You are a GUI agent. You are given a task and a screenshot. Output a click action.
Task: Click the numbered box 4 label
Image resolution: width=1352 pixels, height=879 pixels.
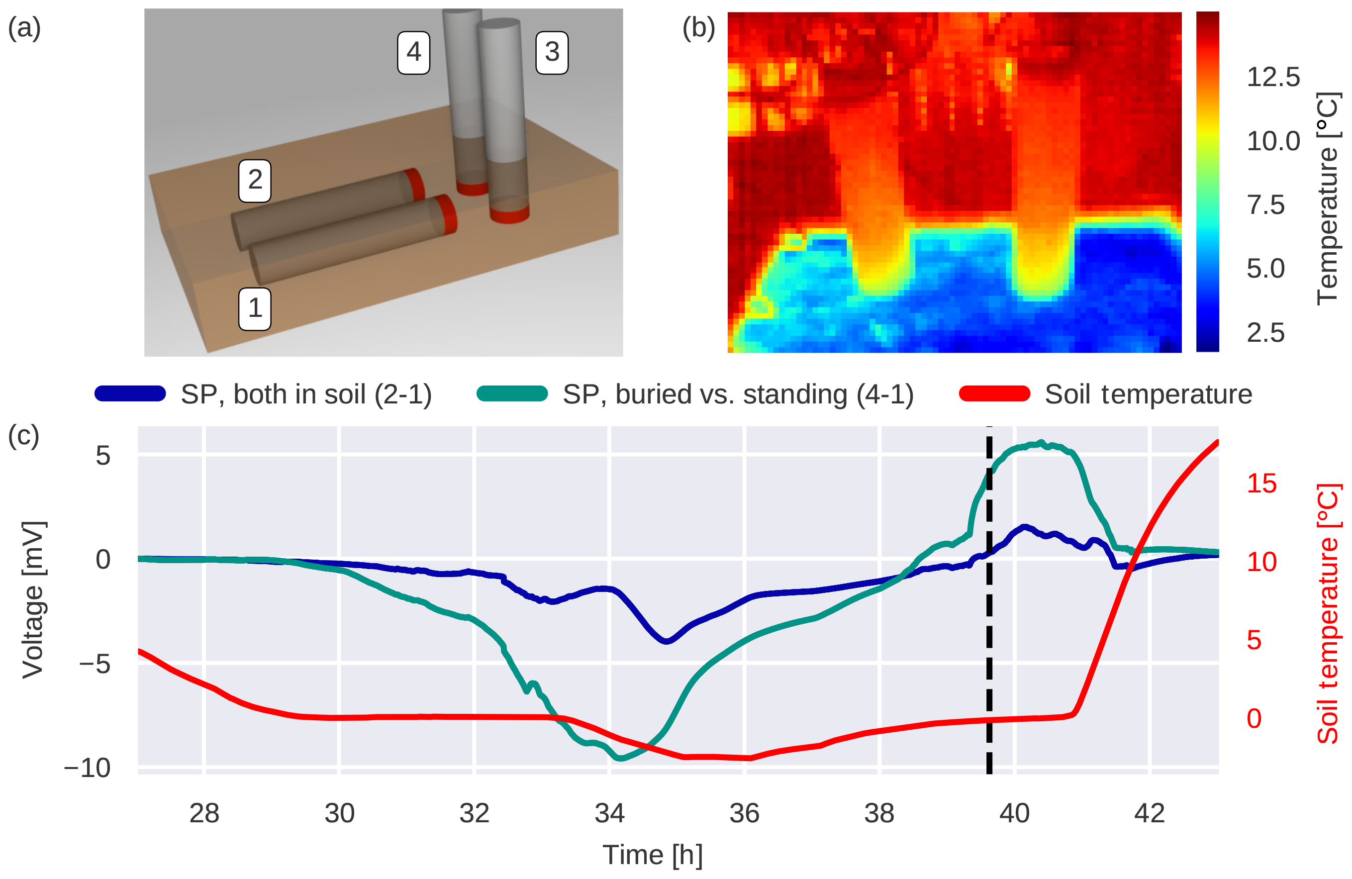click(x=413, y=53)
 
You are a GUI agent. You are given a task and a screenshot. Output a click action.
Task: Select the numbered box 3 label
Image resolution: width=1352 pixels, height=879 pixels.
click(x=552, y=53)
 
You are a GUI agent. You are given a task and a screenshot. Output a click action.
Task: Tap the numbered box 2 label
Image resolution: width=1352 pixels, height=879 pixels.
click(x=255, y=181)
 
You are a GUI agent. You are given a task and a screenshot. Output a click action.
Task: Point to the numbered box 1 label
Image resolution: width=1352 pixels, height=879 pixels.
click(x=255, y=308)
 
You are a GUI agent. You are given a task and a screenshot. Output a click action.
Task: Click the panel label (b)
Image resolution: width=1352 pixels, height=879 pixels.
click(x=698, y=28)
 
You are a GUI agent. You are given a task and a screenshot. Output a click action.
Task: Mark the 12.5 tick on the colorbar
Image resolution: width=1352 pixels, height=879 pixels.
click(x=1273, y=77)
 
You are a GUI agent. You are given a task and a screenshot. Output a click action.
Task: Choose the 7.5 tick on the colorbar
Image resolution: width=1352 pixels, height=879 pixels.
click(x=1265, y=204)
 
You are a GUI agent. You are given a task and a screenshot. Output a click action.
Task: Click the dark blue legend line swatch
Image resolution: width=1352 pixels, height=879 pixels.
click(x=130, y=393)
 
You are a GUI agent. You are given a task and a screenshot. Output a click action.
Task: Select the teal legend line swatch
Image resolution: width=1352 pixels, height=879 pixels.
click(x=512, y=393)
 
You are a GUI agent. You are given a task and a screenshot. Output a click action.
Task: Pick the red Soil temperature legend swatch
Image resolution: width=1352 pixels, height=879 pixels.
click(x=994, y=393)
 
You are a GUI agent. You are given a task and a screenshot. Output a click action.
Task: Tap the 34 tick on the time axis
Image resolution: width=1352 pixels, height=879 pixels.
click(x=609, y=814)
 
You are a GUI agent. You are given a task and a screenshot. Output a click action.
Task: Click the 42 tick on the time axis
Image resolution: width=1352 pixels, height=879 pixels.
click(x=1149, y=814)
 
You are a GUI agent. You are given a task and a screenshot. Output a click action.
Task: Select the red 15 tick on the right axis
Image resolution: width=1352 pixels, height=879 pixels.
click(x=1261, y=484)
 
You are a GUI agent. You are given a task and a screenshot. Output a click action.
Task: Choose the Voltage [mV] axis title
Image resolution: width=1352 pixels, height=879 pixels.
click(x=33, y=599)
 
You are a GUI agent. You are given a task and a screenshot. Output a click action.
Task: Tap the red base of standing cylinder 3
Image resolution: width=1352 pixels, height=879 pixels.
click(x=509, y=215)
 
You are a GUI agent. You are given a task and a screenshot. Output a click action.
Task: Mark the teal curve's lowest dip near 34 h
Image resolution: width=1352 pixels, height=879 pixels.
click(x=621, y=758)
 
